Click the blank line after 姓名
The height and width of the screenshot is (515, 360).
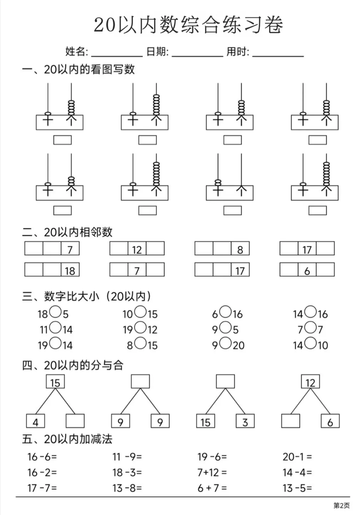pos(117,56)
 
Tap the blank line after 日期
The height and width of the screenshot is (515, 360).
pos(197,56)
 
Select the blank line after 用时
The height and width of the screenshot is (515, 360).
pos(278,56)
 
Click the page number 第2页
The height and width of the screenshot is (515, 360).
pos(342,505)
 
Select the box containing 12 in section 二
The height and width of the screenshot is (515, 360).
pos(137,248)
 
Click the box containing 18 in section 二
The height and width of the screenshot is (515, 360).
pos(70,269)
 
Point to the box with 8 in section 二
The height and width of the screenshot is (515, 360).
pos(240,248)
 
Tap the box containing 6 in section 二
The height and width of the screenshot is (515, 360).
pos(307,269)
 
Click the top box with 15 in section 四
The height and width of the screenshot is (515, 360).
pos(55,381)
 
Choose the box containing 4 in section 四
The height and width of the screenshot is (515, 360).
pos(35,421)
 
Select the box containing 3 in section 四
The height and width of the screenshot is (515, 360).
pos(245,421)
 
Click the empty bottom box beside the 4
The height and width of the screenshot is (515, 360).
pos(75,421)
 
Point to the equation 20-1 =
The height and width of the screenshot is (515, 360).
pos(297,457)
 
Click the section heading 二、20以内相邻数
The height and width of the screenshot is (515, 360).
pos(67,232)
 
